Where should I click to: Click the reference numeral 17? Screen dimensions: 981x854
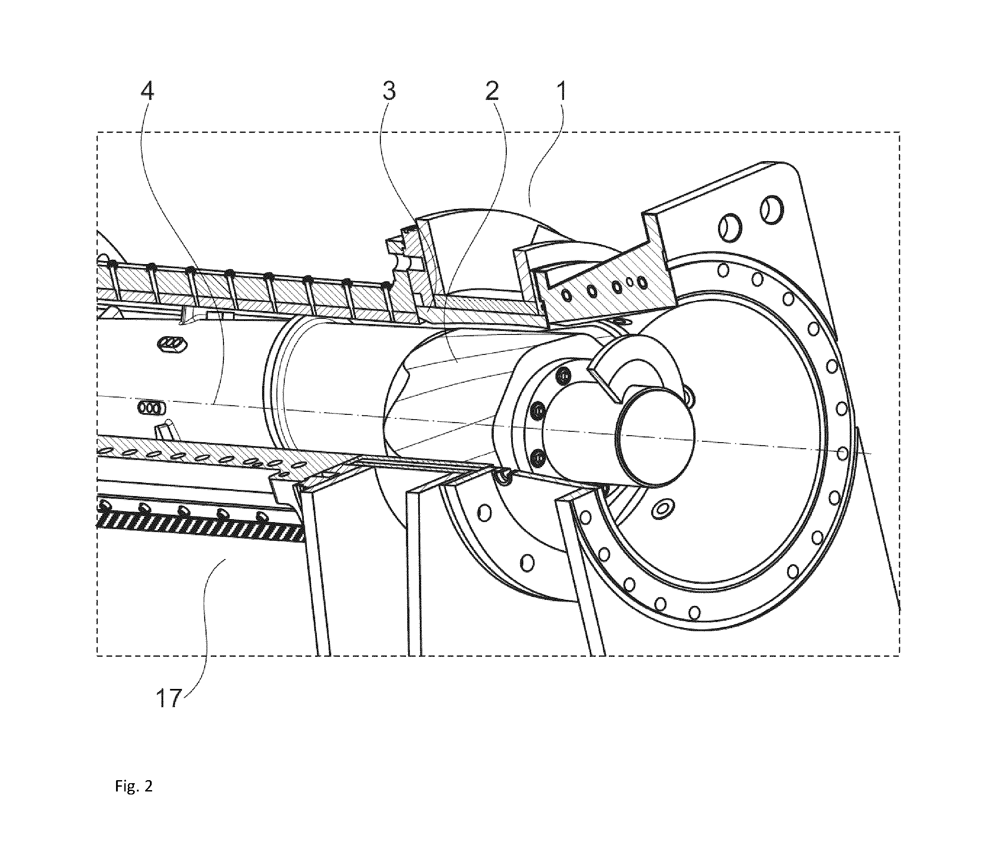[x=168, y=698]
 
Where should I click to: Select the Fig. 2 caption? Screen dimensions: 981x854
[x=133, y=786]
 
